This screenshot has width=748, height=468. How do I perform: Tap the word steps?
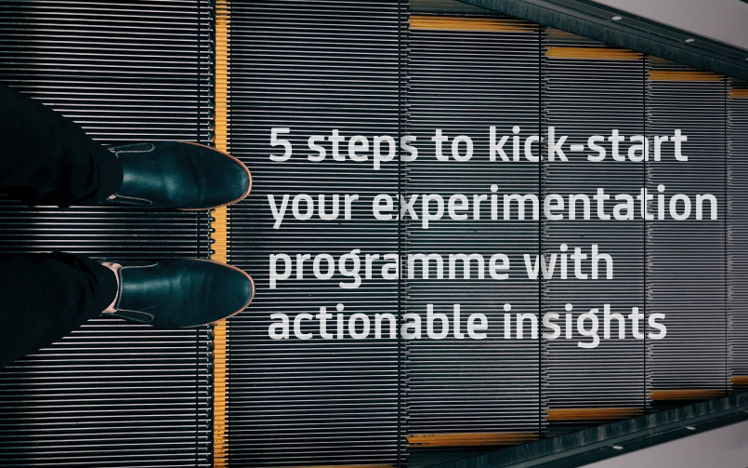coord(362,148)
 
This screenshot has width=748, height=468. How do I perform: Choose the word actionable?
coord(378,321)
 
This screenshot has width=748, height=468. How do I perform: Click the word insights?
coord(584,325)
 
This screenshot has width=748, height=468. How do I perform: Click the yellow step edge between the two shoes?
coord(219,234)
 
